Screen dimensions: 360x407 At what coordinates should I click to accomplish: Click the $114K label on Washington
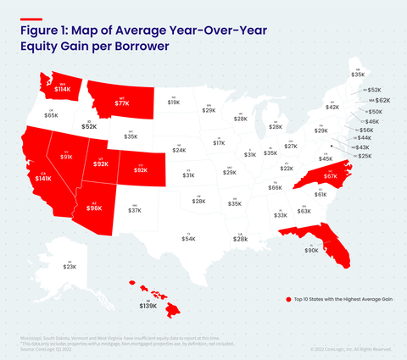click(63, 87)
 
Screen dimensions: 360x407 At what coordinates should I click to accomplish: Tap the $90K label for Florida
click(311, 251)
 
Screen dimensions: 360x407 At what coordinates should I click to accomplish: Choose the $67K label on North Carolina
click(331, 176)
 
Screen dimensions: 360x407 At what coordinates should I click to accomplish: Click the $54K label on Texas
click(188, 240)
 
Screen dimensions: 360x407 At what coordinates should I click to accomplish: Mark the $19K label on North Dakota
click(174, 102)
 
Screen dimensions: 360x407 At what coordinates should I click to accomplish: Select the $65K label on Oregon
click(51, 115)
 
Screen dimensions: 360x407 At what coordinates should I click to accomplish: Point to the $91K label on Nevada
click(66, 157)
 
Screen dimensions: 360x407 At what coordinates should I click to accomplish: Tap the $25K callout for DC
click(365, 157)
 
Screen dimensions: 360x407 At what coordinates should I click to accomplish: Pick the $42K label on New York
click(332, 108)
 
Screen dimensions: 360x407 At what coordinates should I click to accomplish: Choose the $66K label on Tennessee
click(276, 187)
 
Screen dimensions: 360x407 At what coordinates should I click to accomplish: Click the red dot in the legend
click(289, 299)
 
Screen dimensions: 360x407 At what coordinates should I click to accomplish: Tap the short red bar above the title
click(31, 19)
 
